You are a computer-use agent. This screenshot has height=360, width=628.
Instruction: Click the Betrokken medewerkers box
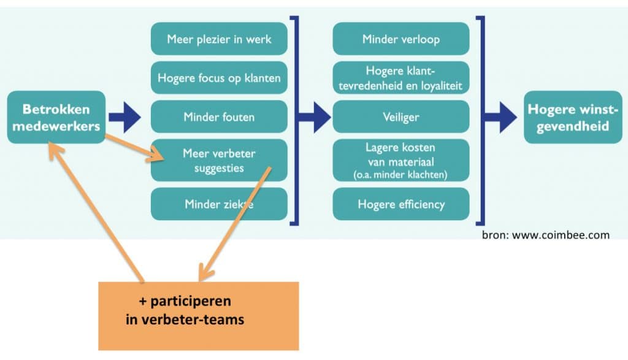(56, 117)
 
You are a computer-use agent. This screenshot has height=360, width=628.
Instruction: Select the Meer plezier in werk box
(219, 39)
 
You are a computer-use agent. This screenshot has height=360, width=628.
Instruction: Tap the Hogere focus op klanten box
(219, 78)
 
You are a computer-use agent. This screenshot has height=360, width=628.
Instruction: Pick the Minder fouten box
(219, 117)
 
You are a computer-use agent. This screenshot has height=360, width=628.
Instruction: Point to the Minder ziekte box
(219, 204)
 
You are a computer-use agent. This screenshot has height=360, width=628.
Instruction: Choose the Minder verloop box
(401, 39)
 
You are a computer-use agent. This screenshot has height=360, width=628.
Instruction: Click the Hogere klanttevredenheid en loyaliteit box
(401, 78)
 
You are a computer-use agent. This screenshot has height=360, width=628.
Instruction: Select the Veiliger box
(401, 117)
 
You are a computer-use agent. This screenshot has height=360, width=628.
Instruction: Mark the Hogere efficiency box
(401, 204)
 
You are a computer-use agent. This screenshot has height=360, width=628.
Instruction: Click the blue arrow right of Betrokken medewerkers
(124, 117)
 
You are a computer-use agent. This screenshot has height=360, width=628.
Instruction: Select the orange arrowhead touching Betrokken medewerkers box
(56, 150)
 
